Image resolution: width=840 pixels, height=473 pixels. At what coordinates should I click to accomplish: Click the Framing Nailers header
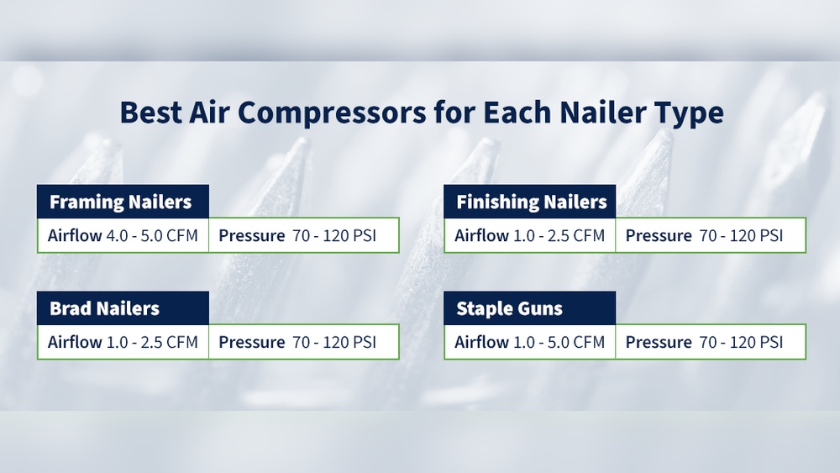(121, 202)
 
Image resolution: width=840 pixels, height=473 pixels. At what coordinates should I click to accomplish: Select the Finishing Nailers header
(531, 202)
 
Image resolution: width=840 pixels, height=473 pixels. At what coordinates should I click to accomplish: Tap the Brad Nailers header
(104, 308)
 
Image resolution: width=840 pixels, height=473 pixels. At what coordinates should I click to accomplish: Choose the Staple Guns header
(509, 308)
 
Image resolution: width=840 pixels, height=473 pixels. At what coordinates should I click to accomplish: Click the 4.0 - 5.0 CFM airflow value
(152, 235)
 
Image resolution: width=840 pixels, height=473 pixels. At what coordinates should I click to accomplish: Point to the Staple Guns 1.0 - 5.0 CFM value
(559, 342)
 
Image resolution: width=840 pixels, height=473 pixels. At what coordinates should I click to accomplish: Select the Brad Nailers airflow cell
(123, 342)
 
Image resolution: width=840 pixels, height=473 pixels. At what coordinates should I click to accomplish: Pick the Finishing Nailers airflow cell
(529, 235)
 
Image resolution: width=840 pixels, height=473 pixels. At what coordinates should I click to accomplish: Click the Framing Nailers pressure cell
(303, 235)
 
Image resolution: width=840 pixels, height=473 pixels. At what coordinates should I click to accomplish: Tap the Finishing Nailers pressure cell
(710, 235)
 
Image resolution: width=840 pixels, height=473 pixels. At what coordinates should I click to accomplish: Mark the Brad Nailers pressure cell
(303, 342)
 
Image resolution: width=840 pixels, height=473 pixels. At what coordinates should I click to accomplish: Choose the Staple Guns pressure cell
(710, 342)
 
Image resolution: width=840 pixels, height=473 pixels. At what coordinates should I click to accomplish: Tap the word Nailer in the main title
(605, 112)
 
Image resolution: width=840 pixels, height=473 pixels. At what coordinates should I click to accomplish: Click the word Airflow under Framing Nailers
(75, 235)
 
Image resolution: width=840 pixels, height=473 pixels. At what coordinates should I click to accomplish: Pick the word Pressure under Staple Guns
(659, 342)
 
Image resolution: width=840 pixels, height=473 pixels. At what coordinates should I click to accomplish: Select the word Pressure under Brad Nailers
(252, 342)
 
